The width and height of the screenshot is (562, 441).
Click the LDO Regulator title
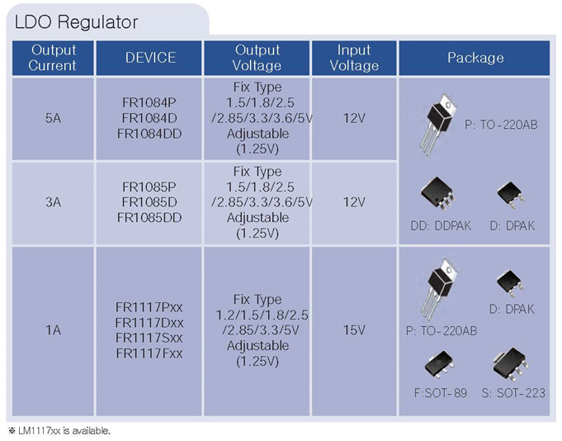[77, 22]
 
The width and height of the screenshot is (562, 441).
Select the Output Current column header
[53, 58]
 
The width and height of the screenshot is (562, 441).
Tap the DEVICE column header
[150, 58]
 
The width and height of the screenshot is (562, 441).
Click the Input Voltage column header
[354, 58]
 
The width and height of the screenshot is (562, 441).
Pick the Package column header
[475, 58]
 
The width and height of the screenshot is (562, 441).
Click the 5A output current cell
[53, 118]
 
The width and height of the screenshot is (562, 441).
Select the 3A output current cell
[53, 202]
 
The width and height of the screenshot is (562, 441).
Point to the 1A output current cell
[53, 330]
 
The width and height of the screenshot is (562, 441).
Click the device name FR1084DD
[150, 133]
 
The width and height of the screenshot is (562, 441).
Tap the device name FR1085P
[150, 187]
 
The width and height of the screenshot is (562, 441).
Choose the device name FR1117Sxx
[149, 339]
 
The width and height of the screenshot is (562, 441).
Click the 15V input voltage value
[354, 330]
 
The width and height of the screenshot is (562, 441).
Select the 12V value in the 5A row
[354, 118]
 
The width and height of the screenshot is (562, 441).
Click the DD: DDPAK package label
[441, 225]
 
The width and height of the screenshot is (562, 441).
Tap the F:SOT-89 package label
[440, 393]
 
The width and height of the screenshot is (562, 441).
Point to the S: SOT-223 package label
[512, 393]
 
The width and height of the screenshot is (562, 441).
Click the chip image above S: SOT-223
[510, 364]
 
